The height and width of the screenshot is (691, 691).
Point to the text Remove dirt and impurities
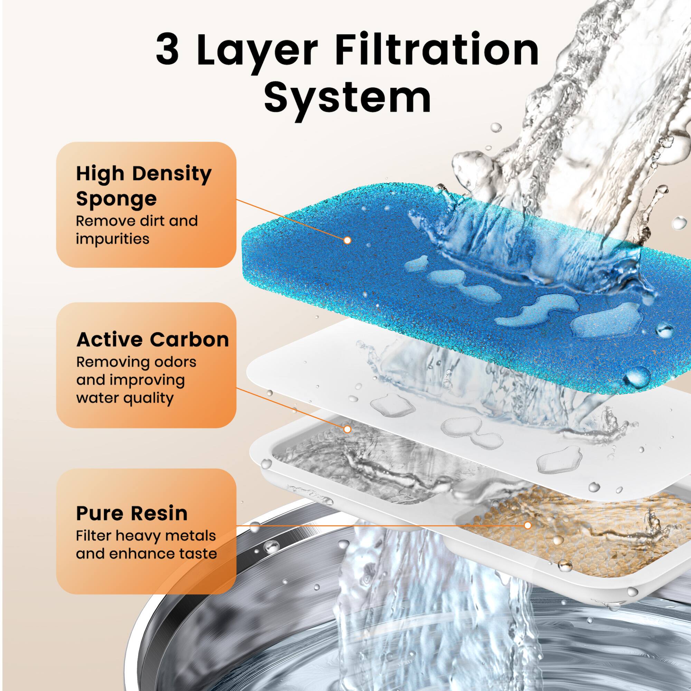(x=136, y=230)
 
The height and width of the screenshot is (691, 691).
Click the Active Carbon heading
(x=152, y=339)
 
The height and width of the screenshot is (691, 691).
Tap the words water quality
(x=125, y=398)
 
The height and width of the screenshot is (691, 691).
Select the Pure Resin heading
(x=132, y=513)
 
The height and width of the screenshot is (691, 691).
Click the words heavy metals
(x=165, y=536)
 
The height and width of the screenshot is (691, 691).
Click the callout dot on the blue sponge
(x=347, y=240)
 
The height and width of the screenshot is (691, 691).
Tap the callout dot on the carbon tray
(x=347, y=429)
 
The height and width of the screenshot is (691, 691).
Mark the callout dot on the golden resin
(x=527, y=526)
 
